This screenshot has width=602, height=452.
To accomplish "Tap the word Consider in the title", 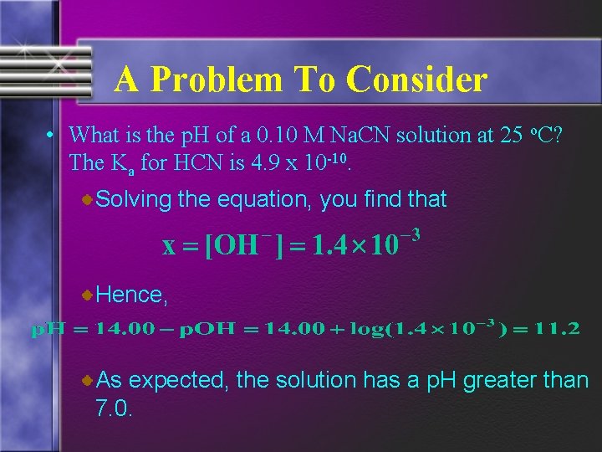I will pyautogui.click(x=416, y=80).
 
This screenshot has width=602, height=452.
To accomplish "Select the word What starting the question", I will pyautogui.click(x=94, y=135).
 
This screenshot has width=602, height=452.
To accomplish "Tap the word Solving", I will pyautogui.click(x=133, y=199).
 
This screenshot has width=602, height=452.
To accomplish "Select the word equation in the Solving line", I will pyautogui.click(x=265, y=199).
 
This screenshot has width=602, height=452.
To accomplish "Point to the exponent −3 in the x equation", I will pyautogui.click(x=408, y=234).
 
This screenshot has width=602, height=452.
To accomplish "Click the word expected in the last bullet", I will pyautogui.click(x=178, y=380).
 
